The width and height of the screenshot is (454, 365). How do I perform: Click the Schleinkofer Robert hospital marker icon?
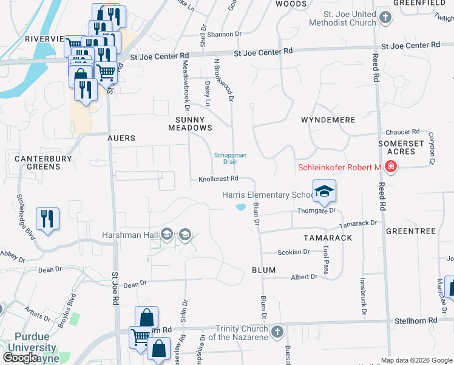coord(390,167)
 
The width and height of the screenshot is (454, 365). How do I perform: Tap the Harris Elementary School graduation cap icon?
coord(324,192)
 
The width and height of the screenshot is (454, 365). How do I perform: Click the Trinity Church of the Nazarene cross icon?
coord(277,332)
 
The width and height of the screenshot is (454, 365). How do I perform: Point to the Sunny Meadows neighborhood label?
coord(190,123)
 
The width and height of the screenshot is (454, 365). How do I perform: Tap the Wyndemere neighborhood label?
coord(328,120)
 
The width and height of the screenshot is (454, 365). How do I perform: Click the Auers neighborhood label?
coord(121,138)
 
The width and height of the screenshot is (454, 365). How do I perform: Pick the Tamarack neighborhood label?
coord(328,238)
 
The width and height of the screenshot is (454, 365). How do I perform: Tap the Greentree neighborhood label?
coord(411,232)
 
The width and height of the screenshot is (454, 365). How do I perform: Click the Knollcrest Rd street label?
coord(218,179)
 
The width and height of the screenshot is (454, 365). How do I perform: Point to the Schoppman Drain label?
coord(231,158)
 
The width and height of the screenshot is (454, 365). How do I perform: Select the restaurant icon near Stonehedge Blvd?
coord(47,218)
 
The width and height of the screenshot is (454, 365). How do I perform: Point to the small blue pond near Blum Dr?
coord(241,207)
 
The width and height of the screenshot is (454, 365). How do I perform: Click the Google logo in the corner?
coord(21,358)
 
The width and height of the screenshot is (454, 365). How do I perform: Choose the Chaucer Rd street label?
coord(402,131)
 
